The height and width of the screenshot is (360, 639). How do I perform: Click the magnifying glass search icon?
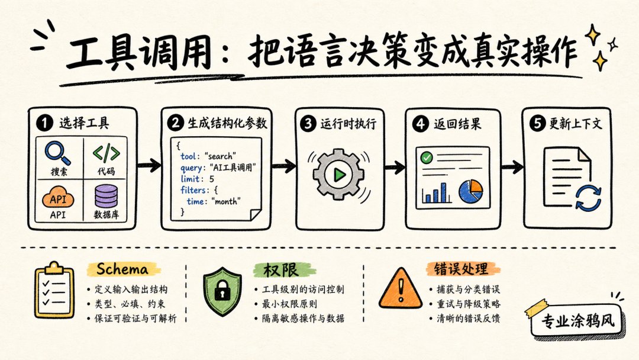[x=57, y=153]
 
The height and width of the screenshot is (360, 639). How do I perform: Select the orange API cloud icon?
[x=58, y=198]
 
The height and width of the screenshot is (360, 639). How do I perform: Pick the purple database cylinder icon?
[x=106, y=197]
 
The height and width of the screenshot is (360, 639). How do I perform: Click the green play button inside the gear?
[x=339, y=175]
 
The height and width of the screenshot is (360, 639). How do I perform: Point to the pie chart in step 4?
[x=471, y=191]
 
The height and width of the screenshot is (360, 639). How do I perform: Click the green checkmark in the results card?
[x=427, y=157]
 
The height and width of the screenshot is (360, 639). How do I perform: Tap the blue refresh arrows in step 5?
[x=588, y=198]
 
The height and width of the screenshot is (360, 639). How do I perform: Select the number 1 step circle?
[x=44, y=123]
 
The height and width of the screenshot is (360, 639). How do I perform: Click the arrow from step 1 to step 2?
[x=149, y=165]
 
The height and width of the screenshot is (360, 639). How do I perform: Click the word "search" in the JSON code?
[x=221, y=156]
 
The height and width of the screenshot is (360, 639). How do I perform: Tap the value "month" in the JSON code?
[x=226, y=201]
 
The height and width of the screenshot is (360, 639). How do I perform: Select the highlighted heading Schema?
[x=122, y=269]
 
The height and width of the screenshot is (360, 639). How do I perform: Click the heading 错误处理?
[x=461, y=269]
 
